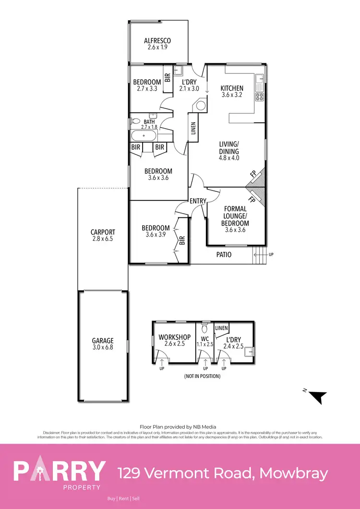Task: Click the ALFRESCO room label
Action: pos(157,41)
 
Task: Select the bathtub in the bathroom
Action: pos(143,135)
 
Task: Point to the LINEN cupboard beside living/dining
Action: pos(193,128)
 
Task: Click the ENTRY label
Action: pos(198,201)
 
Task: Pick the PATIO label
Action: pos(225,255)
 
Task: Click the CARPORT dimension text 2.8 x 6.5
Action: pos(103,238)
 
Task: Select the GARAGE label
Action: pos(103,341)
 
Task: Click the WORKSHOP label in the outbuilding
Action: pos(175,337)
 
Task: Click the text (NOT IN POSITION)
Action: pos(202,377)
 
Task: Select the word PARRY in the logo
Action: pos(59,471)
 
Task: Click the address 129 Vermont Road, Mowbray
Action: pos(223,473)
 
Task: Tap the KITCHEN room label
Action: pos(232,88)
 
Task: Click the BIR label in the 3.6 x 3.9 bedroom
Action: pos(182,240)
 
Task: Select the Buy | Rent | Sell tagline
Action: pos(123,499)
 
